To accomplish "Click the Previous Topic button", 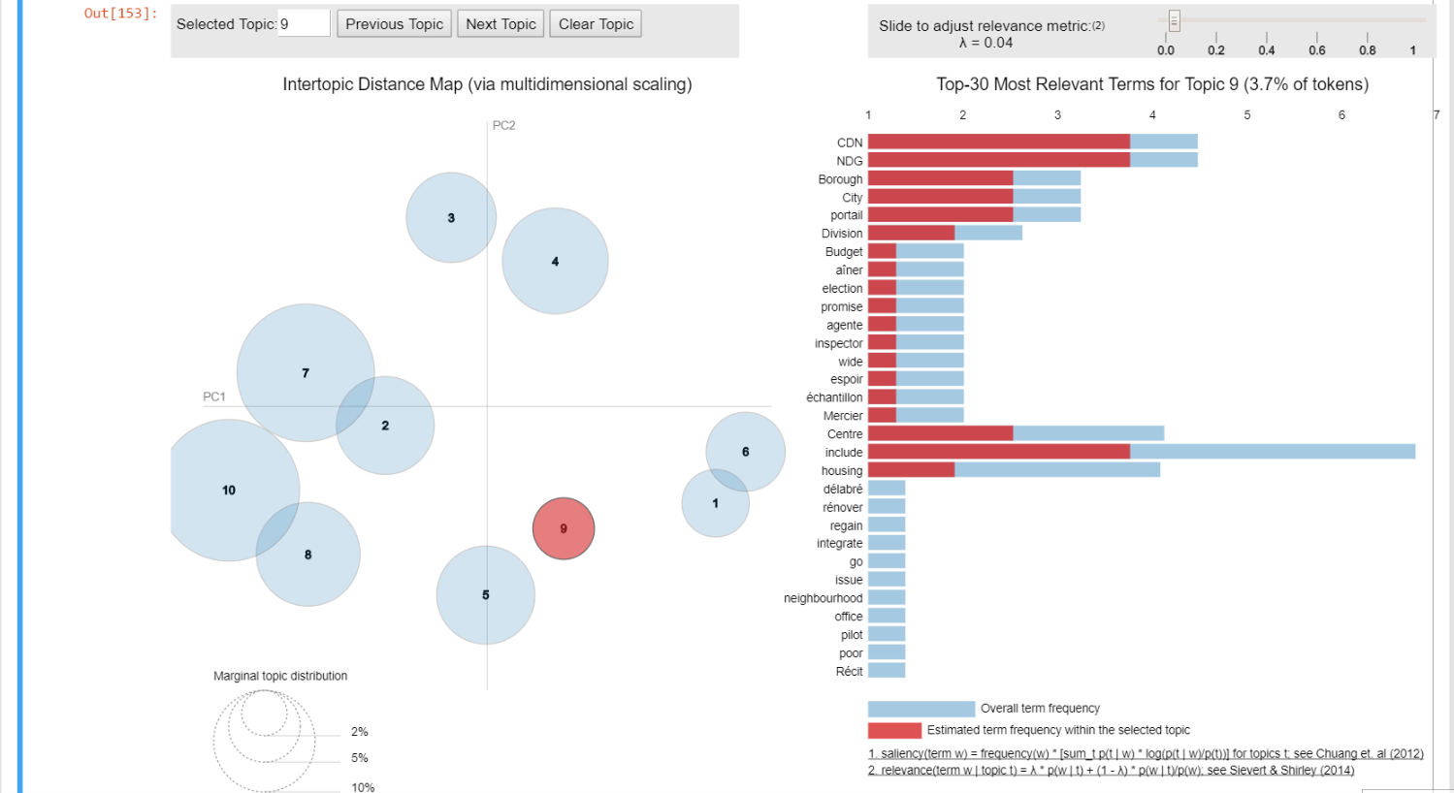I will tap(394, 24).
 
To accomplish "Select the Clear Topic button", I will tap(596, 24).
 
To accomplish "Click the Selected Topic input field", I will tap(305, 24).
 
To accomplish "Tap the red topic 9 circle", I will tap(564, 528).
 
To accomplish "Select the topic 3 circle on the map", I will tap(451, 218).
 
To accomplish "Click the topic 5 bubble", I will tap(486, 595).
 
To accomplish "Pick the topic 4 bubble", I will tap(555, 261).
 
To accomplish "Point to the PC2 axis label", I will tap(503, 126).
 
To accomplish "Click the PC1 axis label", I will tap(214, 396).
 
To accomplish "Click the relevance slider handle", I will tap(1174, 20).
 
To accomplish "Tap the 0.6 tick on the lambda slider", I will tap(1316, 49).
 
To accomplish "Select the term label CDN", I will tap(850, 143).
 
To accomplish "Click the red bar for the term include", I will tap(998, 452).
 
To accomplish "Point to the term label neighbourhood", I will tap(823, 598).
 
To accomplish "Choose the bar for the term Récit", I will tap(887, 671).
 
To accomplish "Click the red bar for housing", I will tap(911, 470).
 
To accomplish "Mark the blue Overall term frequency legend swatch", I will tap(921, 709).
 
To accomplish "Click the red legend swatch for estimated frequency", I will tap(894, 730).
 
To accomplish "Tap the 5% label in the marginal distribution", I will tap(360, 758).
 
